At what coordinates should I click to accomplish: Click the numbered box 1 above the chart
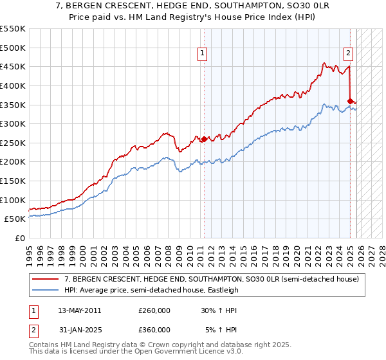point(202,53)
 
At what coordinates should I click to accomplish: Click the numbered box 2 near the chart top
point(348,53)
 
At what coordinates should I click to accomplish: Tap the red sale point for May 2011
point(204,139)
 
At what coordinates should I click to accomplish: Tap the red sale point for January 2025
point(350,100)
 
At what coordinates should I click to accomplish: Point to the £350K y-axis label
point(13,105)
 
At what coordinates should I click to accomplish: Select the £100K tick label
point(13,200)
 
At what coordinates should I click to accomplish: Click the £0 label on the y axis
point(20,238)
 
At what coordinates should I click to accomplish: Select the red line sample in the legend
point(46,278)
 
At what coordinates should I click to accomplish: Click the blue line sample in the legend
point(46,290)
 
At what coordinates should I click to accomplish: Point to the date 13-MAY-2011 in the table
point(79,310)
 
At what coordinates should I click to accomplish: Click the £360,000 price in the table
point(154,330)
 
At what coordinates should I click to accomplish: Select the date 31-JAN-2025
point(79,330)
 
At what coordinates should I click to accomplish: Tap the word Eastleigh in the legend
point(221,290)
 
